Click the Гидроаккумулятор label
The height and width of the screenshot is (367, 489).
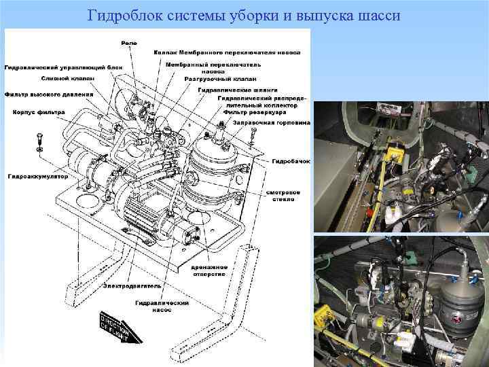[29, 176]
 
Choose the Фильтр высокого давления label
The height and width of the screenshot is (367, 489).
[39, 94]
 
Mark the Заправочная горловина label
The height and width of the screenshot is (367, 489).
[270, 123]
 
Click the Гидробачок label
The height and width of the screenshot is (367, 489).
[291, 161]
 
